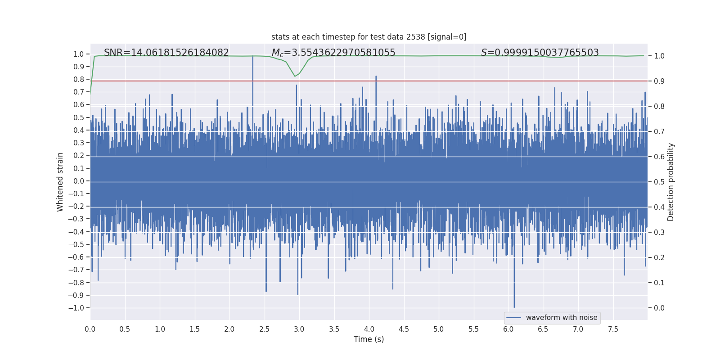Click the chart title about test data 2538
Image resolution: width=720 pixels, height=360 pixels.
click(369, 37)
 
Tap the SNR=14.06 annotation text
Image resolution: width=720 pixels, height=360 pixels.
click(166, 53)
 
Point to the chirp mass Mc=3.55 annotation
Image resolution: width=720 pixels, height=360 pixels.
click(333, 53)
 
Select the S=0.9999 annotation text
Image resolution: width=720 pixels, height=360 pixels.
click(540, 53)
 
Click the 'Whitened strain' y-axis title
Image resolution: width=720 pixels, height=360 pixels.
click(60, 182)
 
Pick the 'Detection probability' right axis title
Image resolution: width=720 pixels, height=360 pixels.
click(671, 182)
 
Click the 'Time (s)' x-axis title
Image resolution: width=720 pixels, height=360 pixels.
click(369, 339)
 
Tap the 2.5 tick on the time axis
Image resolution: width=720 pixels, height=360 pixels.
click(264, 329)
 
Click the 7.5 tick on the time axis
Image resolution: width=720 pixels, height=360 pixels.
click(613, 329)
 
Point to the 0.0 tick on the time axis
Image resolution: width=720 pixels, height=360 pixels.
click(90, 329)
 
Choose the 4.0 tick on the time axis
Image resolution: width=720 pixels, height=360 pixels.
click(369, 329)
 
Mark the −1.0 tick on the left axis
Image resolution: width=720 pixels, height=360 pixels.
click(76, 308)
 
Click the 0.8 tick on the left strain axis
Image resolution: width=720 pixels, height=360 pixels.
click(78, 79)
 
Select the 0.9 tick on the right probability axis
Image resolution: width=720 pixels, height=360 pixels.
click(659, 81)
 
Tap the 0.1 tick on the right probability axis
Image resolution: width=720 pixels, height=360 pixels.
click(659, 283)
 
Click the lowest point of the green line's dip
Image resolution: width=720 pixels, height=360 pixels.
click(295, 76)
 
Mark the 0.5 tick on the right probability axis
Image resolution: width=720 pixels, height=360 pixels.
click(659, 182)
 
